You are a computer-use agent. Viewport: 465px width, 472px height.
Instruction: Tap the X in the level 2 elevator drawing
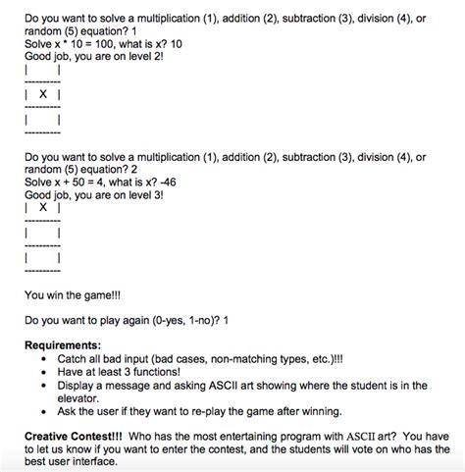pos(43,94)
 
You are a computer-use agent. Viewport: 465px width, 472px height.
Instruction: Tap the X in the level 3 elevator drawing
pos(43,208)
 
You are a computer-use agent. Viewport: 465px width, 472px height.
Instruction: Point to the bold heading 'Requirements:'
pos(63,346)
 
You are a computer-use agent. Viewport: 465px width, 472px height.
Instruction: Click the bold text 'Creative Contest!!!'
pos(74,433)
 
